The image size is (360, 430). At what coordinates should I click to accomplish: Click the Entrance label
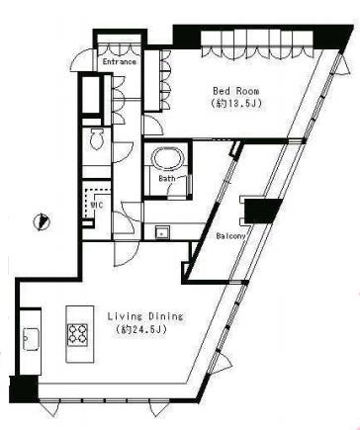click(x=119, y=61)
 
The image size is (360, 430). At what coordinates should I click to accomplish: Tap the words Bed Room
click(x=235, y=91)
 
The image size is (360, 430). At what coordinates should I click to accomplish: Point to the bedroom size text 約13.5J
click(x=236, y=104)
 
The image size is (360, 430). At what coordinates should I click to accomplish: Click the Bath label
click(x=167, y=179)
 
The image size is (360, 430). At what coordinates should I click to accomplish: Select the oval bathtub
click(x=167, y=157)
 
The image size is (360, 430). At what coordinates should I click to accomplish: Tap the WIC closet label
click(x=97, y=205)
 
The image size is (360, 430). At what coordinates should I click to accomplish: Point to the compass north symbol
click(x=42, y=221)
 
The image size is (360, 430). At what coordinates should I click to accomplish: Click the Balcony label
click(x=230, y=236)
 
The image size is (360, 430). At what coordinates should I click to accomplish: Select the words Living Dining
click(x=145, y=316)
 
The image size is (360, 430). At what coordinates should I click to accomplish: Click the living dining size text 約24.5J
click(x=141, y=329)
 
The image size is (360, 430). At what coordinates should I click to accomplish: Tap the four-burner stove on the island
click(x=77, y=334)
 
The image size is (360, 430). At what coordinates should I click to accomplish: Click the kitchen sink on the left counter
click(x=32, y=339)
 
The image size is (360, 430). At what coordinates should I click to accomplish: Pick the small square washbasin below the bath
click(x=162, y=232)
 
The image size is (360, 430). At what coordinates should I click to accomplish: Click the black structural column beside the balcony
click(x=262, y=212)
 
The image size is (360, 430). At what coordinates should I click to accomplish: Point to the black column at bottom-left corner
click(x=24, y=389)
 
